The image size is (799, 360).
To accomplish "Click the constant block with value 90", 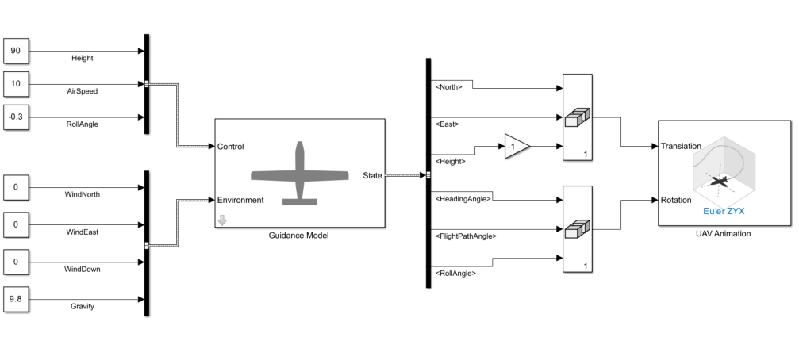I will [x=16, y=52].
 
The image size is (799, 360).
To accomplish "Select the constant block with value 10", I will [x=16, y=84].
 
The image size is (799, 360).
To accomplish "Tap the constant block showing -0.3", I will [x=16, y=117].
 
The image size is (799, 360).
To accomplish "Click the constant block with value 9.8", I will [x=16, y=299].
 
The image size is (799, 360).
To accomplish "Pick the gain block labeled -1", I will [x=515, y=147].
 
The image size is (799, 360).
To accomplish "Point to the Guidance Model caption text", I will [x=298, y=236].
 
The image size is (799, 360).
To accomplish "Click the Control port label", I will [x=230, y=147].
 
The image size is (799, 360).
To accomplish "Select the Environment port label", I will [x=240, y=200].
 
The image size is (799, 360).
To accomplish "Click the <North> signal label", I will [x=448, y=86].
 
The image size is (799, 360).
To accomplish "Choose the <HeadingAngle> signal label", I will [x=463, y=198].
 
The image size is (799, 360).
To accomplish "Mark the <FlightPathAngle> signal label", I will [x=467, y=236].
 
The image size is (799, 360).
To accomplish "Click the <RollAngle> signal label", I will [x=455, y=273].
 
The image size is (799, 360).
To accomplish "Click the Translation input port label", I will [x=681, y=147].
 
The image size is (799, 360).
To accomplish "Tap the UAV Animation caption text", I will [x=723, y=234].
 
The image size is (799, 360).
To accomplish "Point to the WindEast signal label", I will [x=83, y=232].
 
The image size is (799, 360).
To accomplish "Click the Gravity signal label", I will [x=83, y=306].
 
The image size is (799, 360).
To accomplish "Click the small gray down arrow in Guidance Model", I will [x=222, y=220].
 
